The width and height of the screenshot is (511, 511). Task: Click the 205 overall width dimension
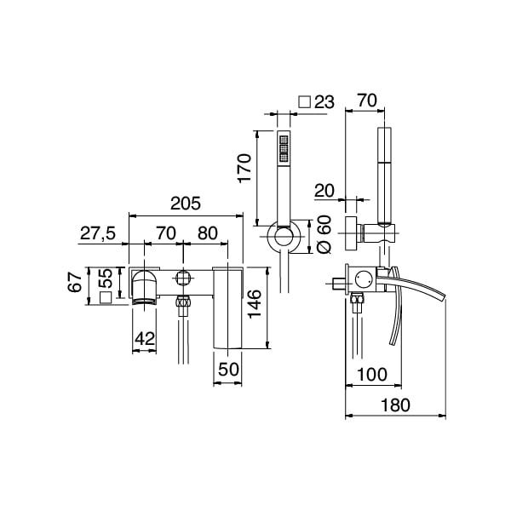pos(185,204)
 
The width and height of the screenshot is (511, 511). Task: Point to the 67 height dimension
pos(76,281)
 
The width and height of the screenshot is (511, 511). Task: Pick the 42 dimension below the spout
pos(146,338)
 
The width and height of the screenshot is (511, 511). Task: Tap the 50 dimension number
pos(228,369)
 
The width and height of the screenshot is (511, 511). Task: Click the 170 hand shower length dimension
pos(244,169)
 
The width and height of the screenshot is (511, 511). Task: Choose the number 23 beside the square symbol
pos(324,102)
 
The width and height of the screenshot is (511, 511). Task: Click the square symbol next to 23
pos(304,102)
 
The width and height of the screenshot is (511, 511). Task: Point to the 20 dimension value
pos(324,189)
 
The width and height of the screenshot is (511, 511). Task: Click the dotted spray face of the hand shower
pos(284,148)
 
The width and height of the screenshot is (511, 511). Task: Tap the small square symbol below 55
pos(105,297)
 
